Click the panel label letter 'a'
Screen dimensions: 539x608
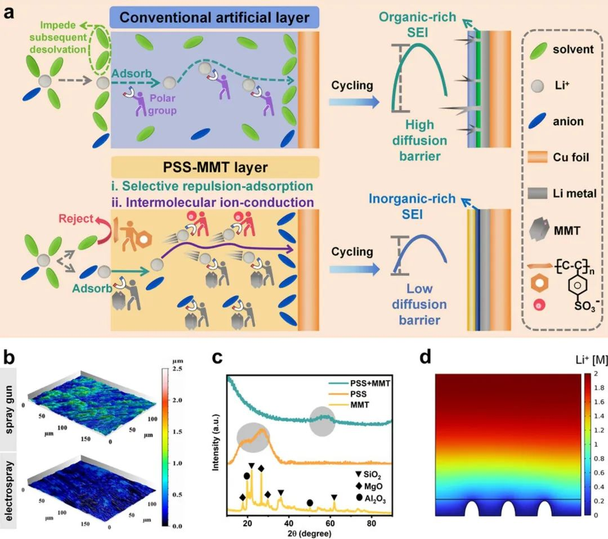(x=9, y=12)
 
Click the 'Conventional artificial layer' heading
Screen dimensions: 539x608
(x=214, y=17)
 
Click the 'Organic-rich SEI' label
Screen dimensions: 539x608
(x=409, y=24)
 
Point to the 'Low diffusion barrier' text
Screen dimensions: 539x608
(x=417, y=304)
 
